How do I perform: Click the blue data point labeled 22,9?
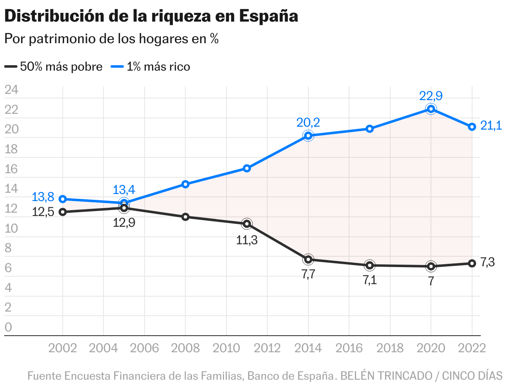click(x=431, y=109)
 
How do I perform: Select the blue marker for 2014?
click(x=308, y=135)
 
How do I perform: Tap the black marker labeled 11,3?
click(x=247, y=224)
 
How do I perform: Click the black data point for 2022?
click(x=472, y=263)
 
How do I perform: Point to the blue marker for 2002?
click(x=63, y=199)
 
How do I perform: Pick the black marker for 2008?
click(x=185, y=217)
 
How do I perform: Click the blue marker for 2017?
click(x=369, y=129)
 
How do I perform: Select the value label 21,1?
click(x=491, y=125)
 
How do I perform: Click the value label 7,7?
click(x=308, y=275)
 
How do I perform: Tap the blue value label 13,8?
click(x=43, y=197)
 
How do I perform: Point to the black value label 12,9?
click(x=124, y=223)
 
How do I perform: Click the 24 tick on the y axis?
click(x=11, y=90)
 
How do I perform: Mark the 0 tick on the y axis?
click(x=8, y=327)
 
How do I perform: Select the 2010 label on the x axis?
click(x=226, y=348)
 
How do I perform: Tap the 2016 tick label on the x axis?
click(x=349, y=348)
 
